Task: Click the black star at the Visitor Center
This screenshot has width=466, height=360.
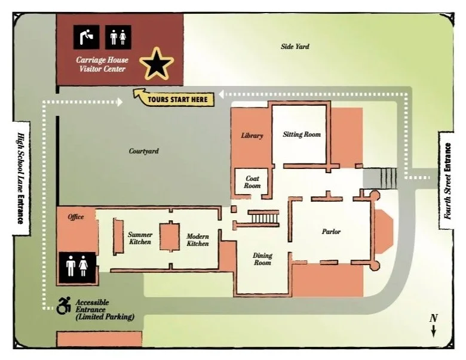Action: (x=157, y=64)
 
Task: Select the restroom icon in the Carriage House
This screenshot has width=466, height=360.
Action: (x=118, y=37)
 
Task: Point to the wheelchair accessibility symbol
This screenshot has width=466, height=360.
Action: (x=63, y=307)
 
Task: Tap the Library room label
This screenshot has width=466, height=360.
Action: (x=252, y=136)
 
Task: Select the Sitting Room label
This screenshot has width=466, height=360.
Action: (x=302, y=134)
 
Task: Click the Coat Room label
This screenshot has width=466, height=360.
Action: (x=252, y=182)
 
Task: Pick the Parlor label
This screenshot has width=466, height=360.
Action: (x=331, y=232)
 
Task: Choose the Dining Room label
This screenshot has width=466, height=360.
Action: (x=262, y=259)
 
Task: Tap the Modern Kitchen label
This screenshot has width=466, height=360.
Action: (x=197, y=239)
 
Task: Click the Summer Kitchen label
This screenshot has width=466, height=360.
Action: (x=140, y=238)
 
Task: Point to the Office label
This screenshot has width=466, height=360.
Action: (x=76, y=216)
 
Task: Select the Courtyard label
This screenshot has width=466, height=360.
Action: (x=144, y=151)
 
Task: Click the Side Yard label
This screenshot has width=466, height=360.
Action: (x=295, y=46)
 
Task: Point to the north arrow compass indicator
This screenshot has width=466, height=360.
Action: (x=434, y=325)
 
